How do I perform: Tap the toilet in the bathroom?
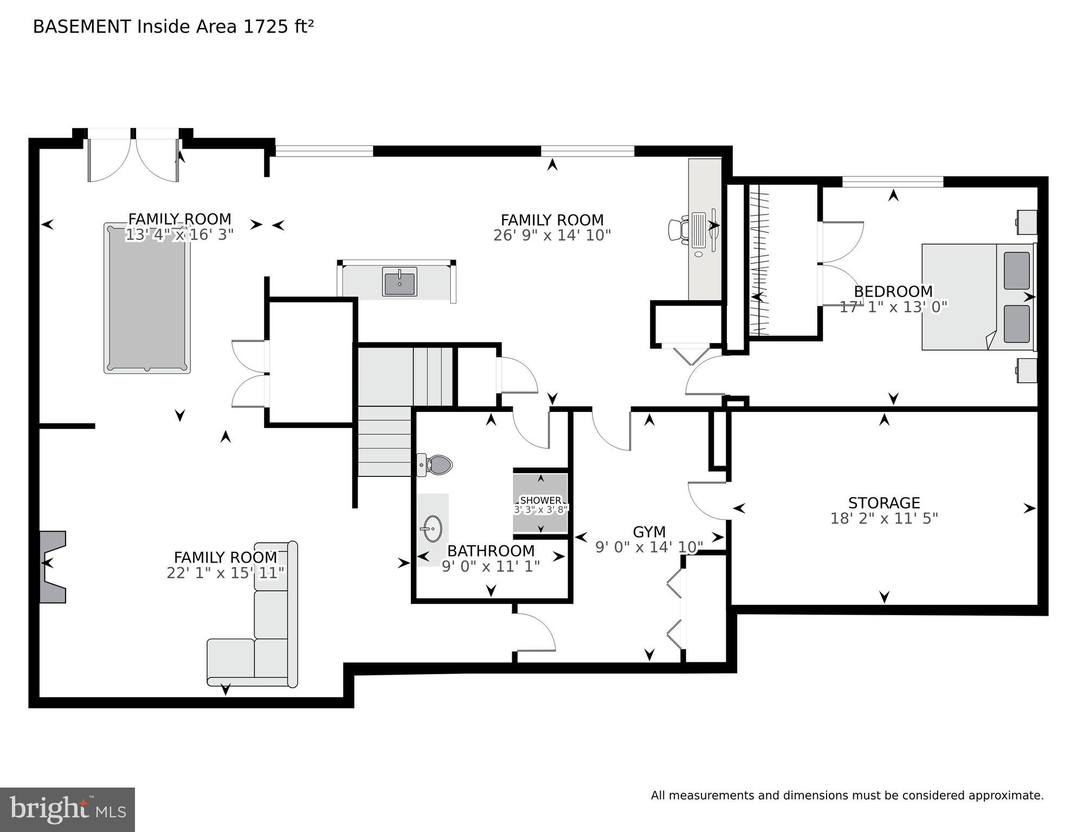(x=437, y=465)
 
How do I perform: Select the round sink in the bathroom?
(x=433, y=528)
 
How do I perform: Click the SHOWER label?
(x=540, y=500)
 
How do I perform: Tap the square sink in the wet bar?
(x=399, y=282)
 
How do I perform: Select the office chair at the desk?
(x=678, y=229)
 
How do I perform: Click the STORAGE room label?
(x=884, y=503)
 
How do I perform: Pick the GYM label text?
(x=649, y=532)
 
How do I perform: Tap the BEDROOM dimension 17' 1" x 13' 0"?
(x=893, y=307)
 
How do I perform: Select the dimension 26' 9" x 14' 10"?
(x=552, y=235)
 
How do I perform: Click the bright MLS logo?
(x=67, y=809)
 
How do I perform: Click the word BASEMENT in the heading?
(x=82, y=27)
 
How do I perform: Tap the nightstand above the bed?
(x=1027, y=222)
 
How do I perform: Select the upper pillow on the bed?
(x=1016, y=270)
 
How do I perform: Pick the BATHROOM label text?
(x=491, y=551)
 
